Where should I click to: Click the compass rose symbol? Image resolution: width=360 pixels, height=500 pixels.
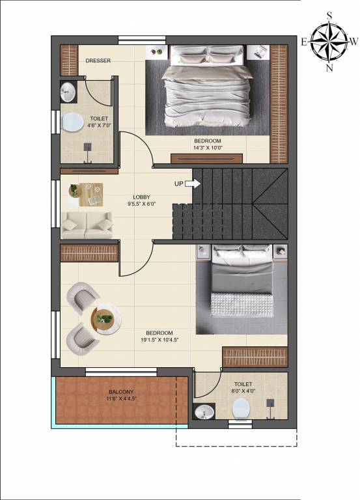(x=329, y=41)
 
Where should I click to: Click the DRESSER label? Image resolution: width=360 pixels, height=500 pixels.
(x=98, y=61)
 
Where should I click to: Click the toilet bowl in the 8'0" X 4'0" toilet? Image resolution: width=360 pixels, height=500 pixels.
(x=242, y=408)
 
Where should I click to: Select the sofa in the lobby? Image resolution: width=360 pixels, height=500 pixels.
(x=87, y=225)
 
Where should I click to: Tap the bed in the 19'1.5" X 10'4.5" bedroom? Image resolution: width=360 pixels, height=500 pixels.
(x=241, y=286)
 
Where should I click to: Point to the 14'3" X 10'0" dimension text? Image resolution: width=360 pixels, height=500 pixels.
(x=208, y=148)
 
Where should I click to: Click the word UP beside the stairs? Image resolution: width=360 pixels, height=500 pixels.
(x=179, y=184)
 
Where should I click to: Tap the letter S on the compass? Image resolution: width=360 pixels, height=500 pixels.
(x=329, y=14)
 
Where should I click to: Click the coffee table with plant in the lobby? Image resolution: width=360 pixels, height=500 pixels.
(x=86, y=192)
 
